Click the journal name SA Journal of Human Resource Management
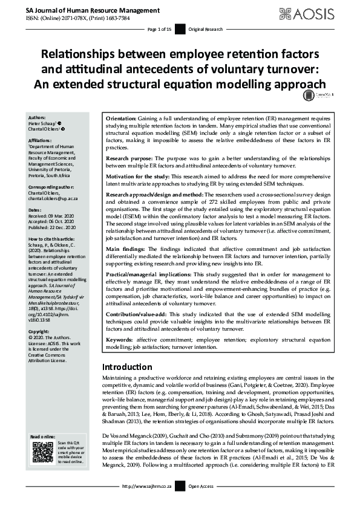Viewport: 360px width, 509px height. click(x=85, y=10)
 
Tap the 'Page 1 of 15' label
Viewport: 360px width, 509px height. click(x=160, y=29)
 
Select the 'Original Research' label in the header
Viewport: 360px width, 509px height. click(x=206, y=29)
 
